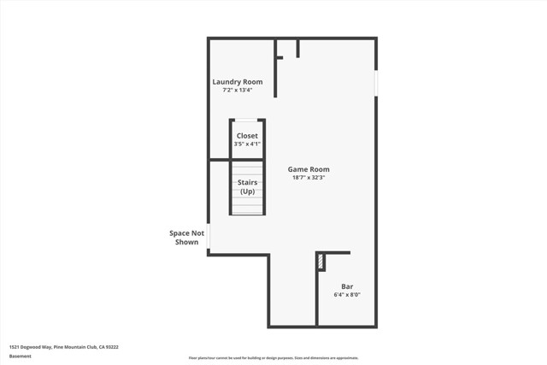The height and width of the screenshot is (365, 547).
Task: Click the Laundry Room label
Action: tap(238, 81)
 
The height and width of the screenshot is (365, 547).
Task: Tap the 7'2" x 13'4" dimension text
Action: tap(238, 90)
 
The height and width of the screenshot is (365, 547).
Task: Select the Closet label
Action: tap(247, 136)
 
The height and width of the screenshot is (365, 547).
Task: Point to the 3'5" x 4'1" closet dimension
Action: tap(247, 144)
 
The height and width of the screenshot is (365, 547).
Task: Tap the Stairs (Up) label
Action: tap(247, 187)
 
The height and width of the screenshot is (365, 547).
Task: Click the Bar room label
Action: tap(348, 286)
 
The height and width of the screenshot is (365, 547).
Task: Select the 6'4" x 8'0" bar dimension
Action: tap(348, 295)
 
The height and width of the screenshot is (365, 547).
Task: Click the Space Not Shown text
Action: tap(186, 238)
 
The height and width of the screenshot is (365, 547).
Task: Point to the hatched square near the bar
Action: tap(321, 261)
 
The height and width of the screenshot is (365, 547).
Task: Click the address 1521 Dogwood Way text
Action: tap(63, 347)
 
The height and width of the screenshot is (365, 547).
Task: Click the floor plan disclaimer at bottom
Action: tap(273, 358)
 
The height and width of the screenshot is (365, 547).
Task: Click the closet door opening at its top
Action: tap(247, 121)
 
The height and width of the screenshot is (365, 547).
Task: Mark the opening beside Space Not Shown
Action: tap(209, 236)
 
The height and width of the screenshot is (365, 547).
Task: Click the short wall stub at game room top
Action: tap(297, 48)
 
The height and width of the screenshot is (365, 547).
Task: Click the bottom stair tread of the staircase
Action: tap(247, 211)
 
